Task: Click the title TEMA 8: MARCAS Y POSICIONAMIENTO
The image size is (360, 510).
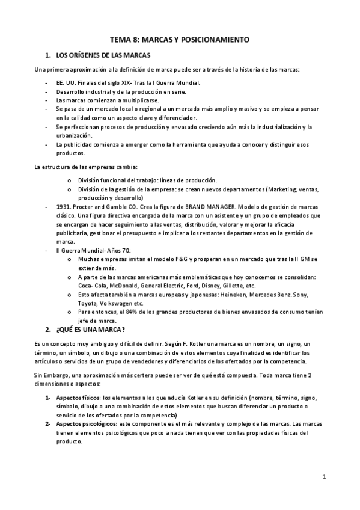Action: pos(179,39)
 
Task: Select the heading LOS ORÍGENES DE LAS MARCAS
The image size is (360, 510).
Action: pos(102,55)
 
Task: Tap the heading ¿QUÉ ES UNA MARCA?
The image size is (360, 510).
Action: pos(90,330)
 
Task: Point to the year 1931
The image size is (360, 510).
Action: pos(63,206)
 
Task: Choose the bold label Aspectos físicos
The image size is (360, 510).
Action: pos(78,398)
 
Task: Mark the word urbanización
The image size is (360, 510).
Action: pos(75,135)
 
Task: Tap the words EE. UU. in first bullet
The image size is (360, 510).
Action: pos(65,82)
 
